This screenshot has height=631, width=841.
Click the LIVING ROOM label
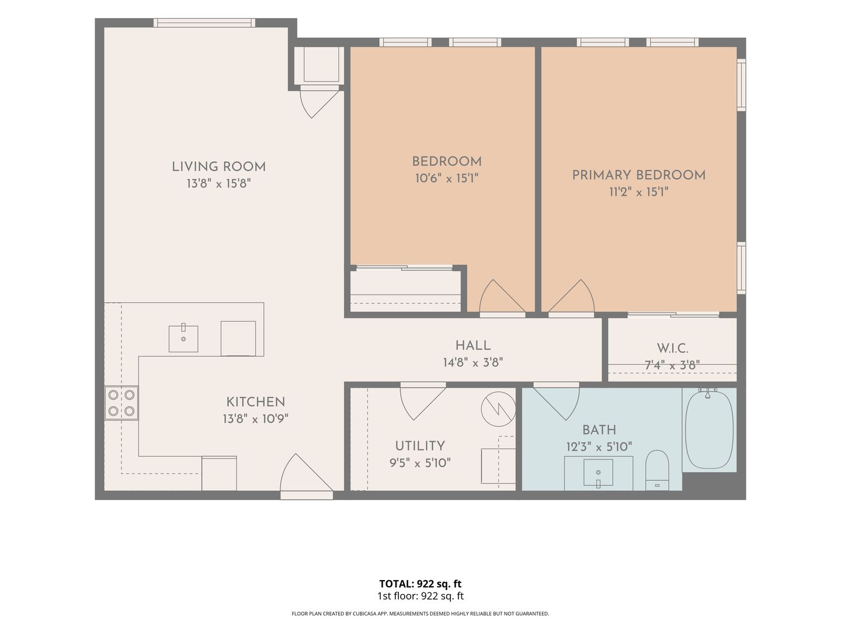218,167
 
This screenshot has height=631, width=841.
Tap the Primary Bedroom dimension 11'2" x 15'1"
639,192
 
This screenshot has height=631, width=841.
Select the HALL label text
473,345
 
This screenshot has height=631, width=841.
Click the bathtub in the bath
709,429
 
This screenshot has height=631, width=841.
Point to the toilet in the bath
657,470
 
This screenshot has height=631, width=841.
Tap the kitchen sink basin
183,339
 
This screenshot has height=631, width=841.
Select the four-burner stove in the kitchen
121,403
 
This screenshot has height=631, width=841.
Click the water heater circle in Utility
498,408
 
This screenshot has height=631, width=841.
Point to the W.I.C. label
672,348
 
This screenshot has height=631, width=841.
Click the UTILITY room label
420,446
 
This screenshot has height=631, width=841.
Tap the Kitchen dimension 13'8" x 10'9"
256,419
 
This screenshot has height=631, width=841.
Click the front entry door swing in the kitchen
299,471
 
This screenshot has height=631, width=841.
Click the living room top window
204,23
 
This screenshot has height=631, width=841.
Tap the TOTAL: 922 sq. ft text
420,584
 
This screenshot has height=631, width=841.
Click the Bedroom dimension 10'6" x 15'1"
447,178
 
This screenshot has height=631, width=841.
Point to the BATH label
599,430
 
